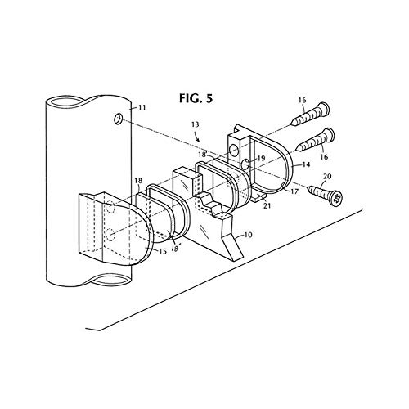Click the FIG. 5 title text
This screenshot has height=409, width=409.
196,98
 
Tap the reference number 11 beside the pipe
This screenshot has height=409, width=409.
141,107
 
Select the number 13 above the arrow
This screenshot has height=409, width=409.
196,124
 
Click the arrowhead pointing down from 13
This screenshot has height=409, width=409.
199,140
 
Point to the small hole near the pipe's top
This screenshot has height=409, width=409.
118,119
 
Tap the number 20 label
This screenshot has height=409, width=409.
327,177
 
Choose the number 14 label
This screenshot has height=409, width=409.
306,164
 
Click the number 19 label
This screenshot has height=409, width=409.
261,158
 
